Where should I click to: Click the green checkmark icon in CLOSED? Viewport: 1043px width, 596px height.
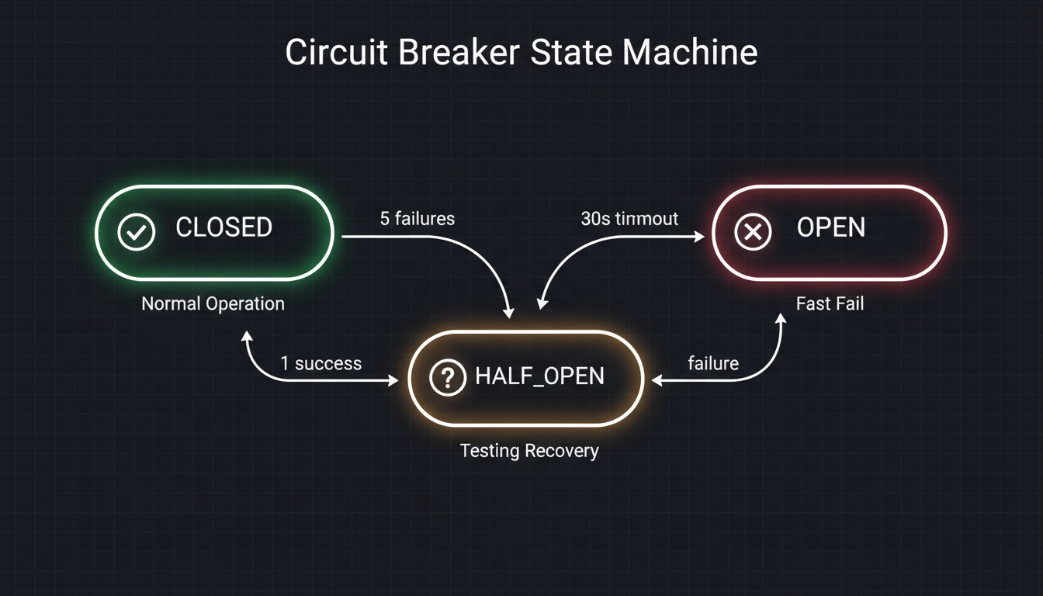tap(137, 231)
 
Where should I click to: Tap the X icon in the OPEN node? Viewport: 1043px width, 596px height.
tap(753, 231)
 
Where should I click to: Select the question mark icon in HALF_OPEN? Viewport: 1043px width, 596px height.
tap(447, 378)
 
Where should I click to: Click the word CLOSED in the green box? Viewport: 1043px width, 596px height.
tap(223, 228)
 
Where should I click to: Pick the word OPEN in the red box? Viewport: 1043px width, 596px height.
tap(830, 228)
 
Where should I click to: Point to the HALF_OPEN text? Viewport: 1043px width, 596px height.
tap(539, 377)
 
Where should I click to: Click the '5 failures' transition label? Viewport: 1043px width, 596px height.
tap(417, 219)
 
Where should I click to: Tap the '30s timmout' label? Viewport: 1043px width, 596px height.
tap(629, 219)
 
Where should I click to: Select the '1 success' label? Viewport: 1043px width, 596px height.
tap(321, 363)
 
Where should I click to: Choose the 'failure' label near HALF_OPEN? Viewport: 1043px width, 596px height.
tap(713, 363)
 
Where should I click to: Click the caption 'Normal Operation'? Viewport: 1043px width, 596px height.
tap(213, 303)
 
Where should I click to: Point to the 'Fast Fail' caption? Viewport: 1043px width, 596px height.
tap(830, 303)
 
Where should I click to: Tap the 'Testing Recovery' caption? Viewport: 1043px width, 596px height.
tap(529, 451)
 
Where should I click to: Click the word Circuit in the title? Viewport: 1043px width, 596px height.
tap(334, 53)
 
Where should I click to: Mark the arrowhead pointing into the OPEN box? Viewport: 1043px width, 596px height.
tap(700, 237)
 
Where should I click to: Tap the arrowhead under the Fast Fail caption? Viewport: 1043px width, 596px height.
tap(781, 319)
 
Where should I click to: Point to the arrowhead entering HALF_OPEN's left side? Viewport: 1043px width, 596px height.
tap(395, 381)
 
